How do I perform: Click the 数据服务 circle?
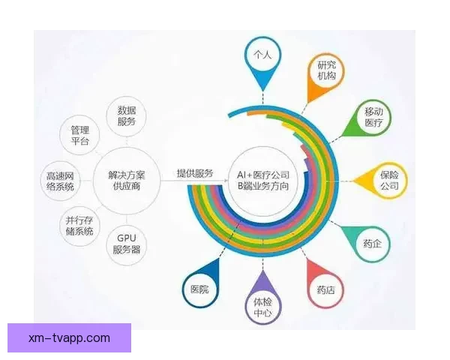tap(127, 115)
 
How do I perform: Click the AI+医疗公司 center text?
tap(262, 172)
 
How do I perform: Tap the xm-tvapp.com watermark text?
tap(69, 338)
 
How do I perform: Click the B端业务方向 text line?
tap(262, 184)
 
